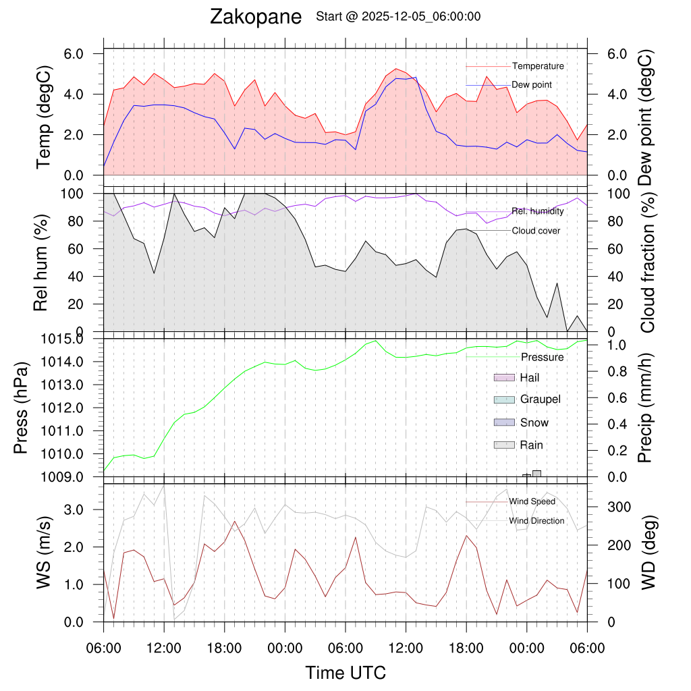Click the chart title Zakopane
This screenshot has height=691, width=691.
(256, 17)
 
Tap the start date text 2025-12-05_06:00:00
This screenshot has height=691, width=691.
(421, 17)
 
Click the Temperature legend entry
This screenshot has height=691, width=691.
(538, 66)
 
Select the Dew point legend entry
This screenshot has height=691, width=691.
(532, 85)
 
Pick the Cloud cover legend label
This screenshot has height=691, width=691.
(536, 231)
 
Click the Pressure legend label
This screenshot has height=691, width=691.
(542, 356)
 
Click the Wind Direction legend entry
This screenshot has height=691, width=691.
(536, 520)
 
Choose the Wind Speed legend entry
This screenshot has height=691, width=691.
(532, 501)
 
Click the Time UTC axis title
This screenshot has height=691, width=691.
(345, 673)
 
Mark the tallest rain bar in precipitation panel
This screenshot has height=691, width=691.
(536, 474)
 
